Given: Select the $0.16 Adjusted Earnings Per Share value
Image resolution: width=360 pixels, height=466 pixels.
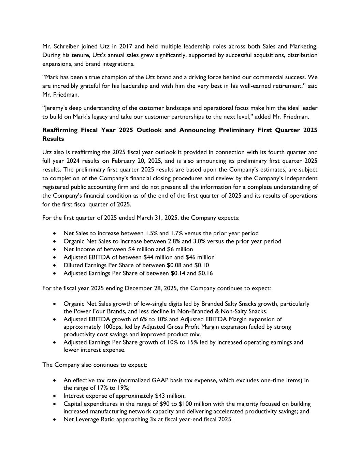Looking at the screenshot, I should pos(205,273).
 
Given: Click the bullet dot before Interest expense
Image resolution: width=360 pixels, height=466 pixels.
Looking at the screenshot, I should pos(55,396).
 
